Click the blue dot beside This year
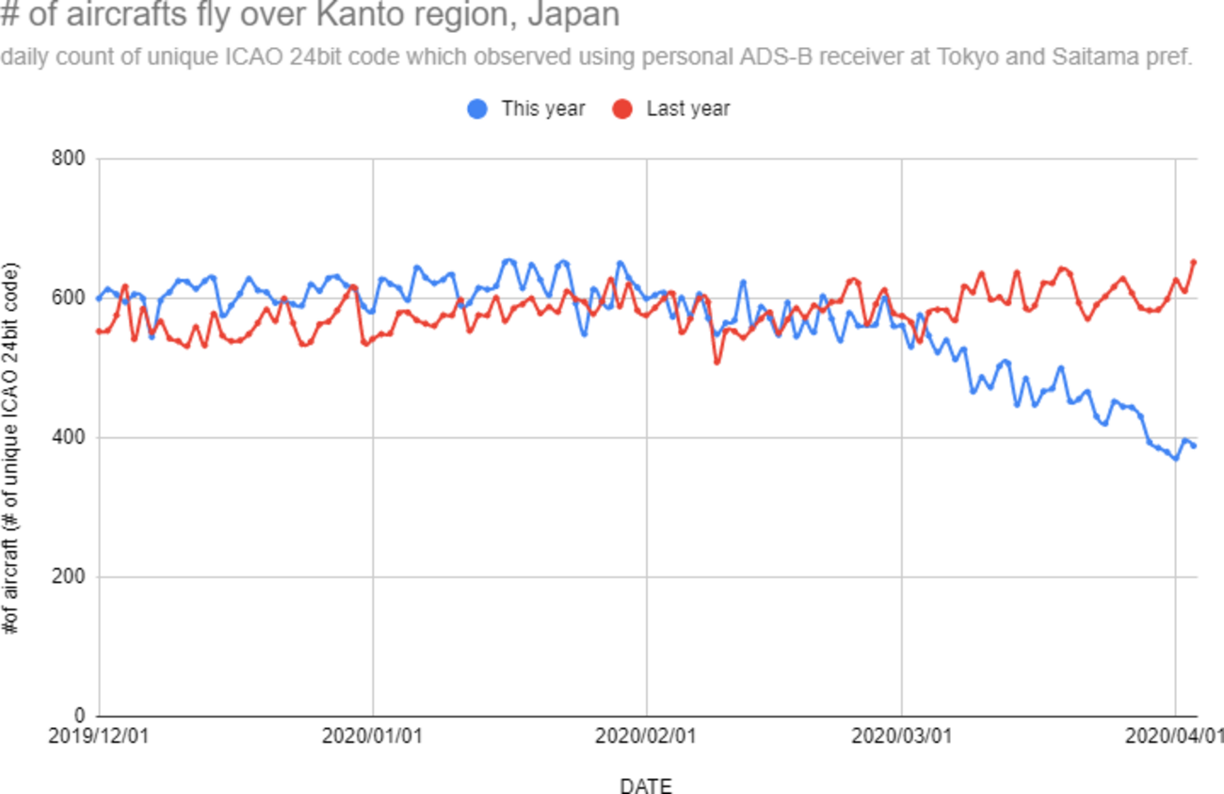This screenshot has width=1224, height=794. click(478, 108)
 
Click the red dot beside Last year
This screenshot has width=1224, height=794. click(622, 108)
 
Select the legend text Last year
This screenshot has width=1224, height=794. click(688, 108)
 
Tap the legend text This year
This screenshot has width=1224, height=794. click(543, 108)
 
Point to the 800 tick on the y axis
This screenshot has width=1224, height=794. click(72, 159)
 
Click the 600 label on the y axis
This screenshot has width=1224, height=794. click(72, 299)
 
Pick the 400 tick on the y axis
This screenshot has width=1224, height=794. click(72, 438)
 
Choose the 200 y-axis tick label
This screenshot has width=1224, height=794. click(72, 576)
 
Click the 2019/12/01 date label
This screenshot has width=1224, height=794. click(98, 736)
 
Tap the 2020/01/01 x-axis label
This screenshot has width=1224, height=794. click(372, 736)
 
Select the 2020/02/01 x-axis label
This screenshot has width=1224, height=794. click(646, 736)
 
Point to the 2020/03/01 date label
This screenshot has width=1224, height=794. click(902, 736)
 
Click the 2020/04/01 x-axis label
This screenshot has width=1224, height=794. click(1174, 736)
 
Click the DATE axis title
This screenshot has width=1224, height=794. click(646, 786)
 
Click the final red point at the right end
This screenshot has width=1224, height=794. click(1194, 262)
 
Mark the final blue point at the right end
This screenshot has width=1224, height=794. click(1194, 446)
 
